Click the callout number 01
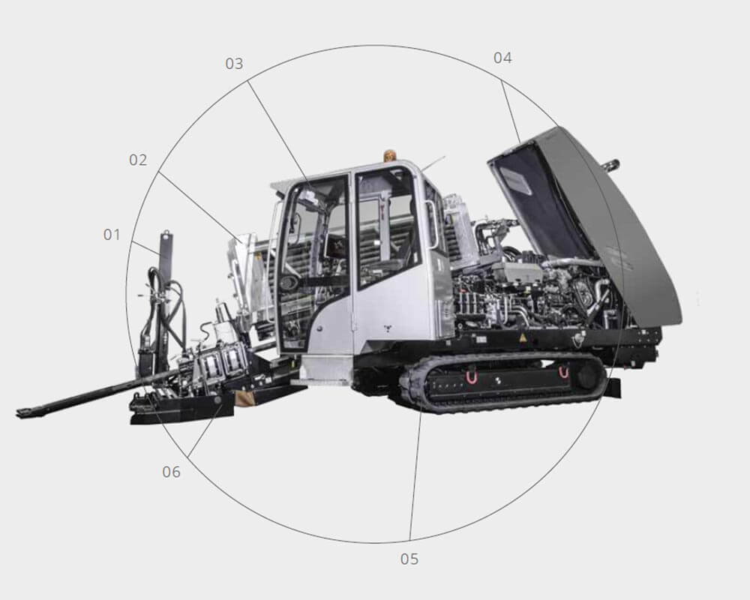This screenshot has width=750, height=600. point(112,235)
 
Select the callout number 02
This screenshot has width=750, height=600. point(138,160)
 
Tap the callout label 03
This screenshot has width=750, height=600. point(234,64)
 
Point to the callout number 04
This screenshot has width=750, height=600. point(502,58)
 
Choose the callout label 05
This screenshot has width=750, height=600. point(409,559)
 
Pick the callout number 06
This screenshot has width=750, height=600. point(171,472)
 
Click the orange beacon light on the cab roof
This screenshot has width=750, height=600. point(390,155)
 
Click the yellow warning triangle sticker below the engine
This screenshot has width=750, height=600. point(522,337)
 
